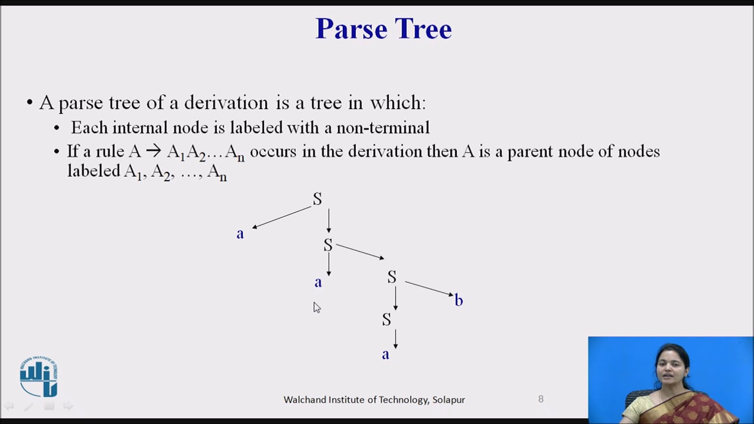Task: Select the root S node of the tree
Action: (x=318, y=199)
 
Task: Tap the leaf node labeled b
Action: (x=458, y=300)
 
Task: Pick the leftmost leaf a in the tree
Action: (x=240, y=234)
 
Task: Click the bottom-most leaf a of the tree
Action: (x=385, y=355)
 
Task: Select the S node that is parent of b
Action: (x=392, y=277)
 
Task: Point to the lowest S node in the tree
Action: (x=386, y=319)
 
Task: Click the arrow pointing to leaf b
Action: (x=429, y=288)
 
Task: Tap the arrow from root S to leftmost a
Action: (x=282, y=217)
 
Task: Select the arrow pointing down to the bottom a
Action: (x=395, y=339)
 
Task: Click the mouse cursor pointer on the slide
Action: (x=316, y=307)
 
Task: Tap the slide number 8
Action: (x=541, y=399)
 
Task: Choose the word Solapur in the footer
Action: (x=448, y=399)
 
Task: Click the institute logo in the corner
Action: (x=39, y=376)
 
